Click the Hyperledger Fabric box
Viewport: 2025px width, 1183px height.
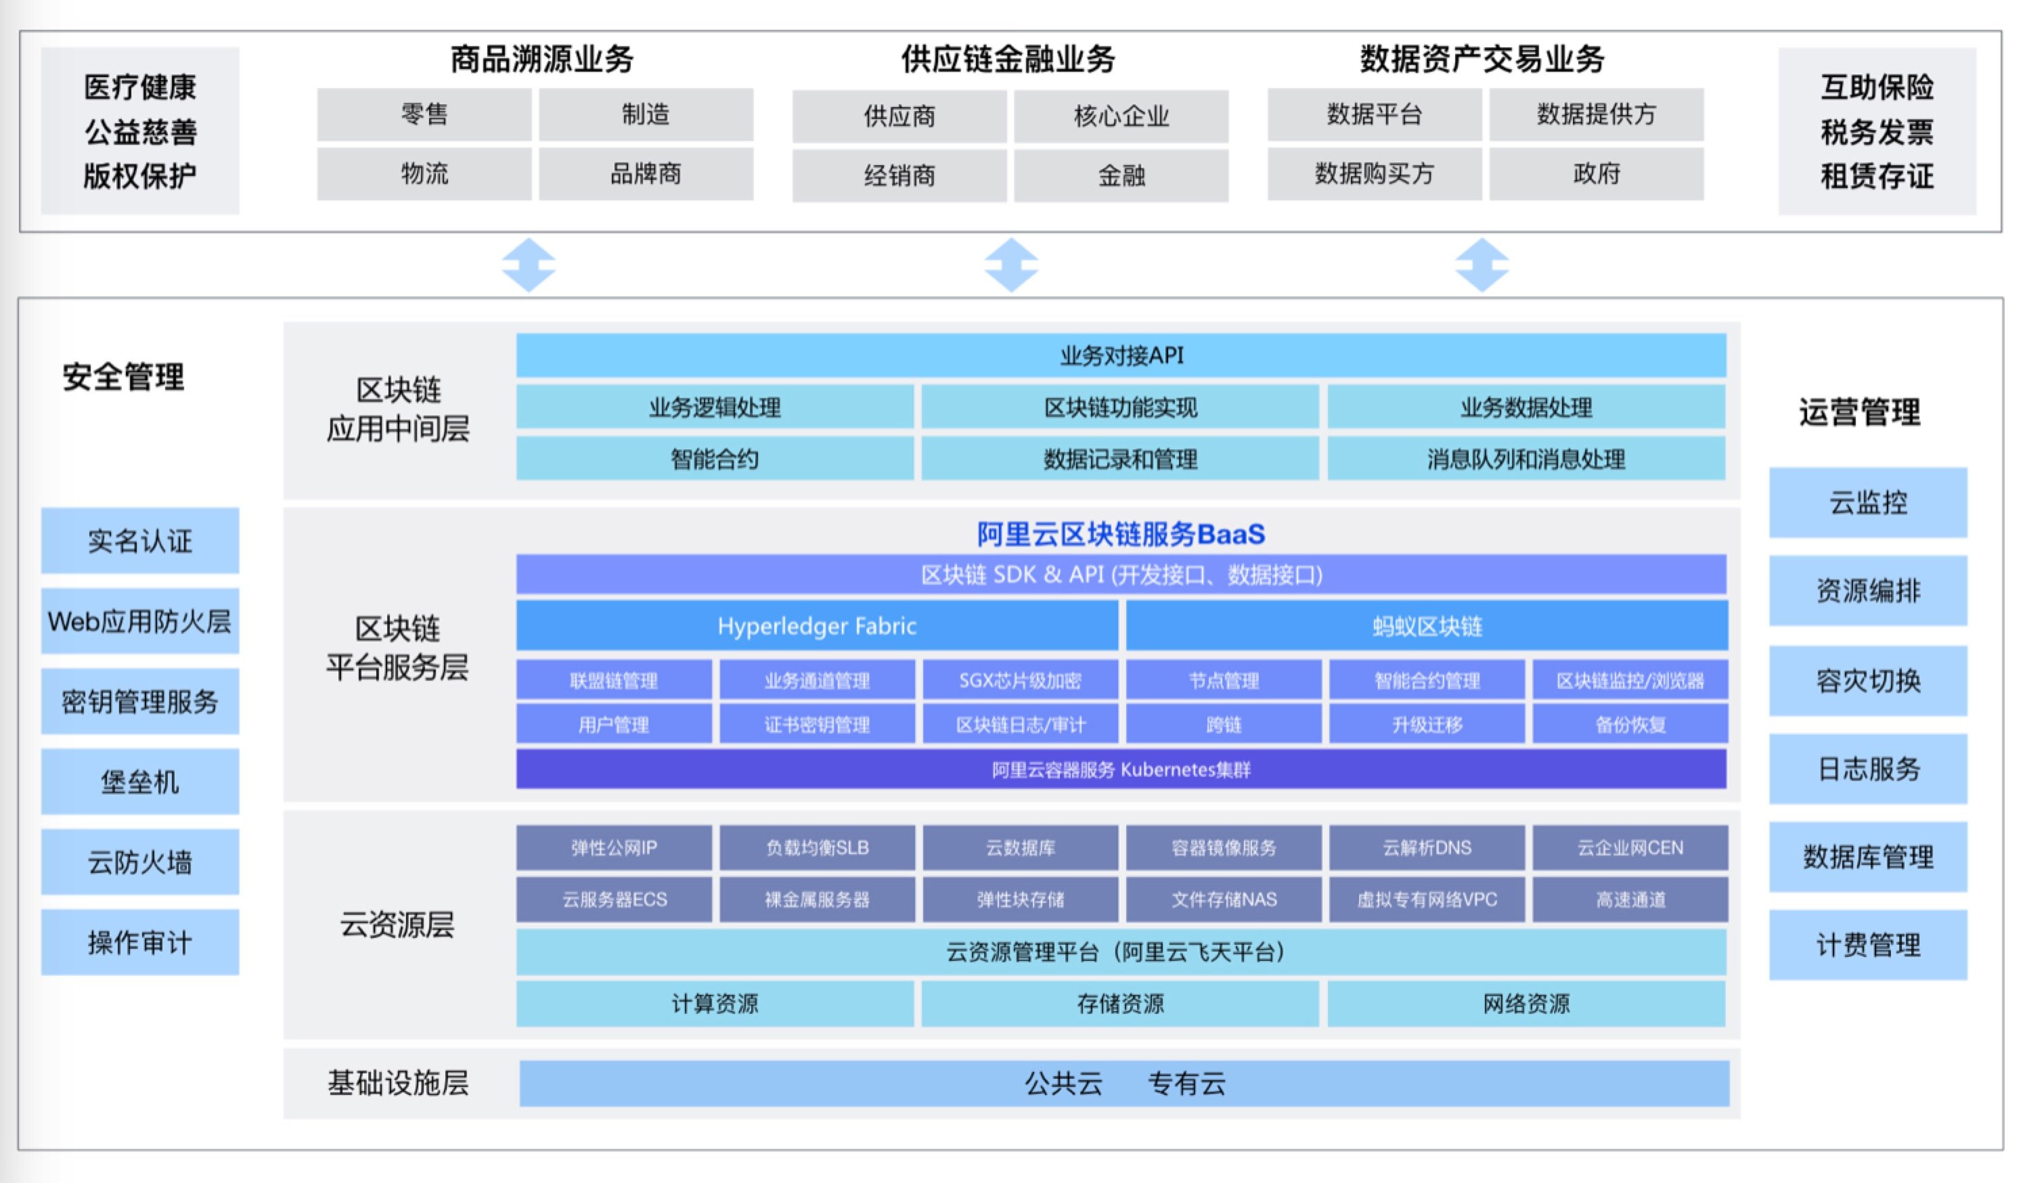[x=816, y=625]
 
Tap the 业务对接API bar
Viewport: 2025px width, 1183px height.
[x=1121, y=355]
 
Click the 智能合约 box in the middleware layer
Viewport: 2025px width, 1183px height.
[x=715, y=459]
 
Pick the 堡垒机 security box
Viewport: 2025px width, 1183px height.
[x=140, y=781]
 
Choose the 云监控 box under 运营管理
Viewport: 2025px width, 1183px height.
[x=1867, y=502]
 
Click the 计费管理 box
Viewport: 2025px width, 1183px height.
[x=1867, y=944]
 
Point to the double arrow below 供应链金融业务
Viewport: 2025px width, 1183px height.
[x=1011, y=265]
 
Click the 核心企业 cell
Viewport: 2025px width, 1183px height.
[x=1121, y=116]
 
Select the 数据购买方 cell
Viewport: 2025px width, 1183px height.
[x=1374, y=173]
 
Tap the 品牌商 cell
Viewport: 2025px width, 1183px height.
[x=645, y=173]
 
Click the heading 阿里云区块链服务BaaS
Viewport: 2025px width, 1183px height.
[x=1121, y=533]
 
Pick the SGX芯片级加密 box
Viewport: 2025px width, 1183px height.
[x=1020, y=681]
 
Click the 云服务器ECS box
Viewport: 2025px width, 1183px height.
[x=614, y=899]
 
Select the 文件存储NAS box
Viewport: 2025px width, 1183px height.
[x=1223, y=899]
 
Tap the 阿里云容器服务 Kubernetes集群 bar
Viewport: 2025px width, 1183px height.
[x=1121, y=769]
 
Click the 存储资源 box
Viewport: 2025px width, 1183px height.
[x=1120, y=1003]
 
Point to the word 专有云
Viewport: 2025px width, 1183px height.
[x=1186, y=1084]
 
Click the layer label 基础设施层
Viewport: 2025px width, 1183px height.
[x=398, y=1084]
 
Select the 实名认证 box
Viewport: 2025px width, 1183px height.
[x=140, y=540]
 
